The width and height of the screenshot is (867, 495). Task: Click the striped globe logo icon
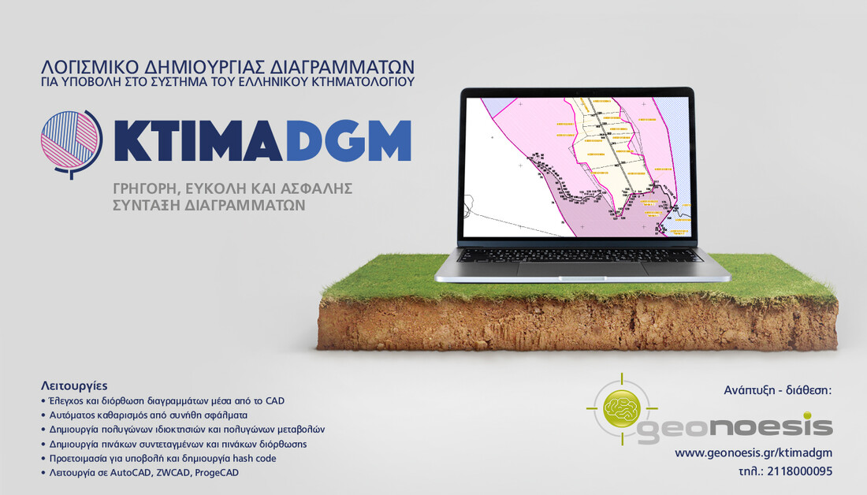[71, 143]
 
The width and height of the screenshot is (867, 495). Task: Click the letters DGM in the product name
[347, 143]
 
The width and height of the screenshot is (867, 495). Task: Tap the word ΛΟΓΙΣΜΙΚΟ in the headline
[94, 65]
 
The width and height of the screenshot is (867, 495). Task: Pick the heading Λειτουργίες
[69, 386]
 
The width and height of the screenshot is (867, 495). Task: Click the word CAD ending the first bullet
[273, 400]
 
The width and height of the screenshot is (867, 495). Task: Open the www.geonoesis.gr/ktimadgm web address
[753, 452]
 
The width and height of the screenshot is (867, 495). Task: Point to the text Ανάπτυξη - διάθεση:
[777, 390]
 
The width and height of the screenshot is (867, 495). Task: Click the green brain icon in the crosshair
[620, 408]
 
